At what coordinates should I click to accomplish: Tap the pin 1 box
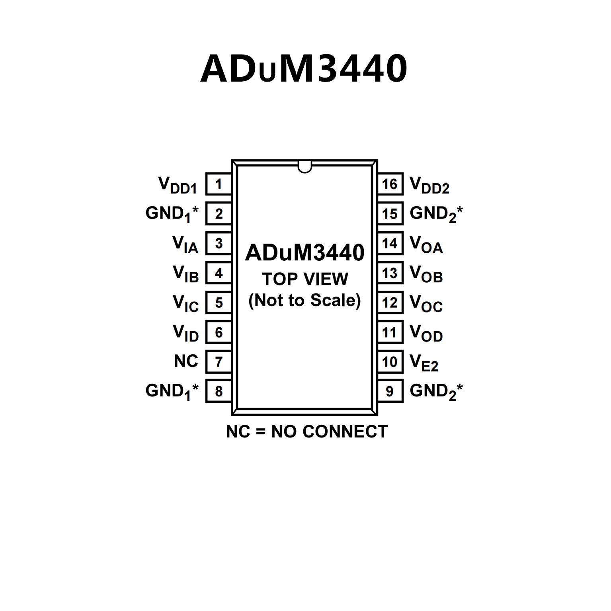coord(219,184)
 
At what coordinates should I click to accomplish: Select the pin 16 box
coord(390,184)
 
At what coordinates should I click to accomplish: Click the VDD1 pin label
coord(178,185)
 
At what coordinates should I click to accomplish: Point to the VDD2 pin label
coord(429,185)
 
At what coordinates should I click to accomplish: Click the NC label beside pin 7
coord(186,361)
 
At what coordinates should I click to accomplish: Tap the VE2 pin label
coord(424,363)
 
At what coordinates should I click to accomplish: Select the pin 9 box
coord(390,391)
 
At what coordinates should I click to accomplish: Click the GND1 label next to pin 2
coord(172,214)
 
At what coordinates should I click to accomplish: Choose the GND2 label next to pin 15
coord(436,214)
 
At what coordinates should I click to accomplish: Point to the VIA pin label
coord(185,244)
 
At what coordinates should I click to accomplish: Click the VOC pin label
coord(426,303)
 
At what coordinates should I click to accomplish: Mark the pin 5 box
coord(219,303)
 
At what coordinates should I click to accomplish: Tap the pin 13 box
coord(390,273)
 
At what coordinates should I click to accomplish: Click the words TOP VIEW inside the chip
coord(305,279)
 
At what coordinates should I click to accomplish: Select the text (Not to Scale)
coord(305,301)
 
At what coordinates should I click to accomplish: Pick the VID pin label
coord(185,333)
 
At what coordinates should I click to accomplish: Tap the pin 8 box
coord(219,391)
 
